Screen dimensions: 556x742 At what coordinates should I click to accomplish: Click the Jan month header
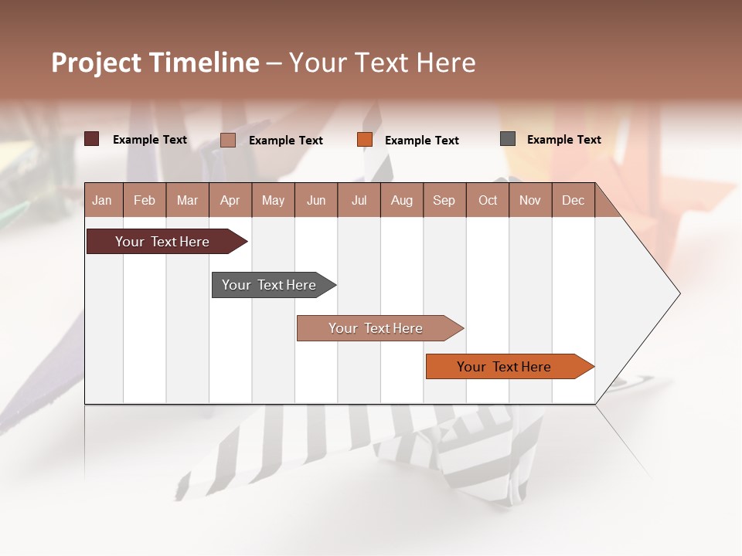102,200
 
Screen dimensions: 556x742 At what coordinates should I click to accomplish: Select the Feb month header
145,200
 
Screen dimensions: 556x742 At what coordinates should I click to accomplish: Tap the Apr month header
230,200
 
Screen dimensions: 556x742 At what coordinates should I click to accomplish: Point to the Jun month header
316,200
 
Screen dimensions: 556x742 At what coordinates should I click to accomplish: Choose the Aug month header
402,200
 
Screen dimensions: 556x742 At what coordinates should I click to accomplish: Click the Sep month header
444,200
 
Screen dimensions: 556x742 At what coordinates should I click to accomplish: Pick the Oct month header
488,200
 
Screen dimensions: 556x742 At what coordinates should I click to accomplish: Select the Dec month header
573,200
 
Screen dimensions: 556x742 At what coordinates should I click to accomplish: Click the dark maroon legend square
92,139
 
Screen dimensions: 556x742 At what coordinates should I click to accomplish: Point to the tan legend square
228,140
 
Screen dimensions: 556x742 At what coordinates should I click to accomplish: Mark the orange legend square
365,140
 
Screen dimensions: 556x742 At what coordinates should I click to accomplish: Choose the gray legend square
508,139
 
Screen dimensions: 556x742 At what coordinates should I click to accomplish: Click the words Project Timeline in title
155,63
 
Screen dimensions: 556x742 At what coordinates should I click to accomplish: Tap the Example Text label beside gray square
563,140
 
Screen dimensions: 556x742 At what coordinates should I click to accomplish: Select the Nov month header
530,200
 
